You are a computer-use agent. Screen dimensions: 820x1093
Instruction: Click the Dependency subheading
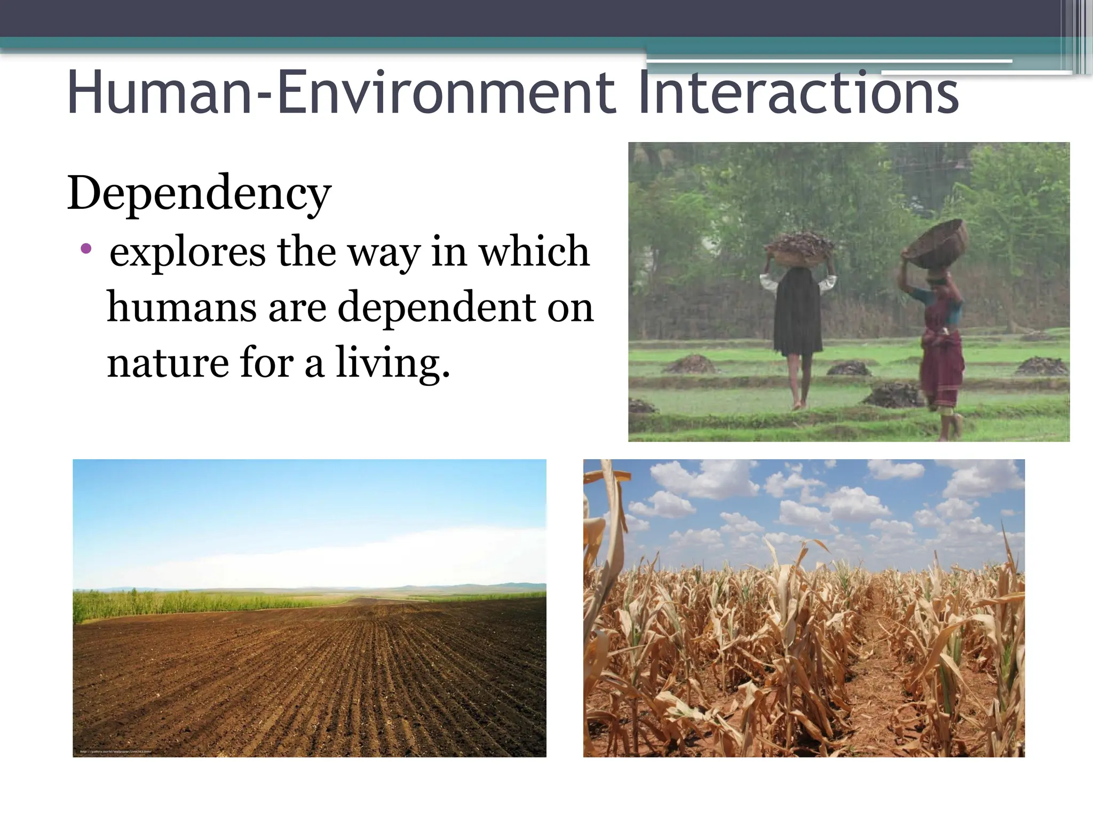(x=200, y=193)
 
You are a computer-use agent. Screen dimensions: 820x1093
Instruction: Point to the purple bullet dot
(x=86, y=248)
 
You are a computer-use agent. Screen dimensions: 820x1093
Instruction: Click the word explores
(x=187, y=251)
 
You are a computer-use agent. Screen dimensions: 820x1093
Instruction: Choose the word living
(x=392, y=363)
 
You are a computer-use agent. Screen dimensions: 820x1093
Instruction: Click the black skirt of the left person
(x=796, y=318)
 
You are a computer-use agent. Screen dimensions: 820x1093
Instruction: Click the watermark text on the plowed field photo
(x=115, y=752)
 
